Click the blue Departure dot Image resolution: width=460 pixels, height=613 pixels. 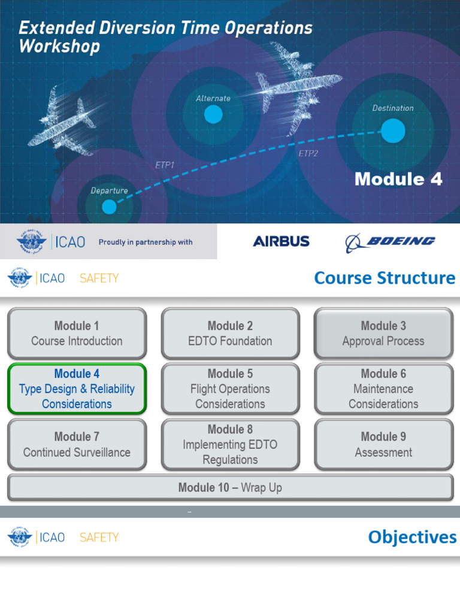tap(109, 207)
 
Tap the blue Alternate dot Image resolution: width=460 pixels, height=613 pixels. tap(213, 114)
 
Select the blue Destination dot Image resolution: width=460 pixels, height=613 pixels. tap(393, 131)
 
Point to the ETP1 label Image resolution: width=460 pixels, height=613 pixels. tap(165, 165)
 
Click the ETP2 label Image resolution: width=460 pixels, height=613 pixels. tap(308, 153)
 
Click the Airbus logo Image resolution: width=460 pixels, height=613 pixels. tap(281, 242)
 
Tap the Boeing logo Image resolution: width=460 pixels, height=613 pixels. tap(391, 242)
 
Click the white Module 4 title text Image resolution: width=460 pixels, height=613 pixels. tap(398, 179)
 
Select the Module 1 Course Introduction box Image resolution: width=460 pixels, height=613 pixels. tap(77, 333)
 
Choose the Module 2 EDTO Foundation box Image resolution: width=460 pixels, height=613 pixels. tap(230, 333)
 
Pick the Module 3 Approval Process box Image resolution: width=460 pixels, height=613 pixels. tap(383, 333)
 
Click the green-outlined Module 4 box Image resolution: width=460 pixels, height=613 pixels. tap(77, 389)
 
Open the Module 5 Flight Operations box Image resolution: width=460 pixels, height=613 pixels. tap(230, 389)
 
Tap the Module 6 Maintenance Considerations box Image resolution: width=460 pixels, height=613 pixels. tap(383, 389)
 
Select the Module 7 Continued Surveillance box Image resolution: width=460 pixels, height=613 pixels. tap(77, 444)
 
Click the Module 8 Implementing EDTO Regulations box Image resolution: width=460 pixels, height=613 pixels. tap(230, 444)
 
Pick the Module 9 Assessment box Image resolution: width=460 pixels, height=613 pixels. tap(383, 444)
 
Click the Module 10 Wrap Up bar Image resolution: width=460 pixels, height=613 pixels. tap(230, 488)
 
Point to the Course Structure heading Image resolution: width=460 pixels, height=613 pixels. tap(385, 278)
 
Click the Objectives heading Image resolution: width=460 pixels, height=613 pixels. tap(412, 537)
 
